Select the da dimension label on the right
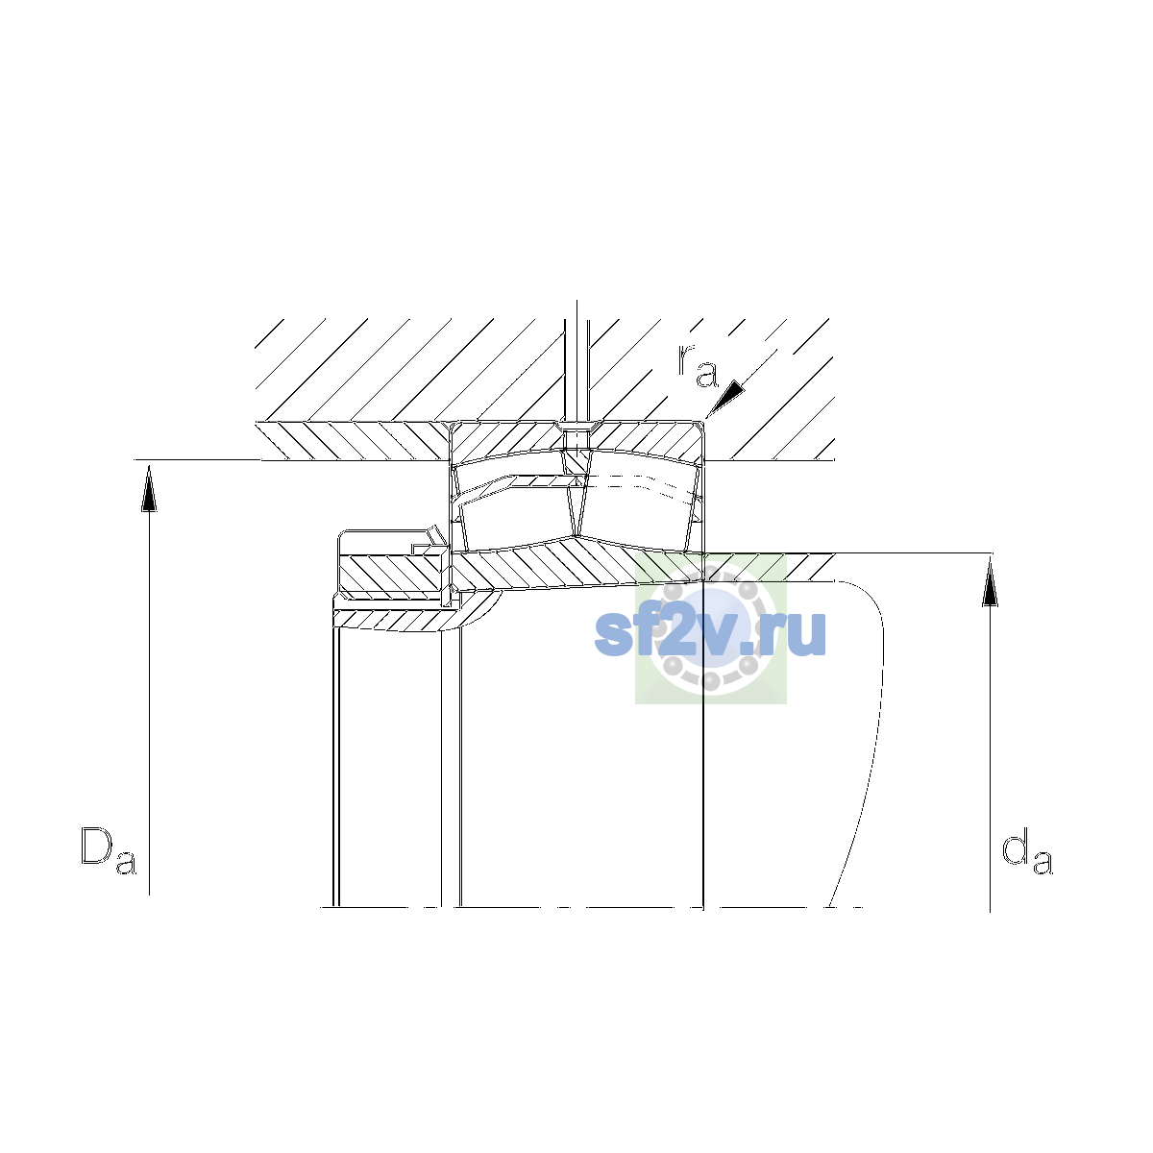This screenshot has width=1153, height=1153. pyautogui.click(x=1027, y=851)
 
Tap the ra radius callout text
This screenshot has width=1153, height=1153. pyautogui.click(x=697, y=365)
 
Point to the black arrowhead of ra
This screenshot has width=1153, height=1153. pyautogui.click(x=726, y=397)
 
